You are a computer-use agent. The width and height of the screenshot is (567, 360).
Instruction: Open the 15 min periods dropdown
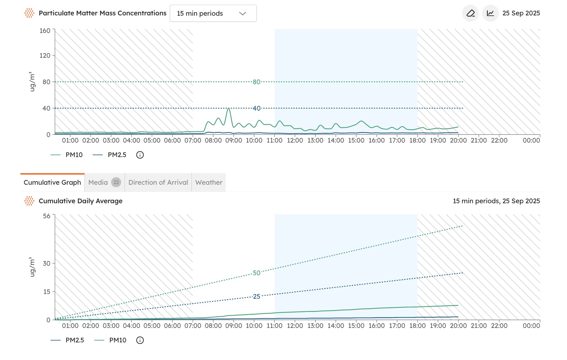pyautogui.click(x=213, y=14)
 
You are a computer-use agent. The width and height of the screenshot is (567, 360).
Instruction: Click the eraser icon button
pyautogui.click(x=470, y=13)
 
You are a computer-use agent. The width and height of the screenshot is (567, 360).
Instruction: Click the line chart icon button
pyautogui.click(x=490, y=13)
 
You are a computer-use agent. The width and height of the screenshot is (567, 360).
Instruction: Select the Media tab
pyautogui.click(x=98, y=183)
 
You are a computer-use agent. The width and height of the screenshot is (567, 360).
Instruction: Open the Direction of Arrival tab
pyautogui.click(x=158, y=183)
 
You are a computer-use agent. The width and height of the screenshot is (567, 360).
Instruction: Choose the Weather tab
pyautogui.click(x=208, y=183)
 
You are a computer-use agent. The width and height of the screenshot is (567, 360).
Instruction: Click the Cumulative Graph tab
pyautogui.click(x=52, y=183)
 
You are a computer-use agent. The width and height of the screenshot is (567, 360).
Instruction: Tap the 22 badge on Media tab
pyautogui.click(x=116, y=183)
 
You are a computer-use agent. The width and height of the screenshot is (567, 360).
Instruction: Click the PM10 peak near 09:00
pyautogui.click(x=229, y=109)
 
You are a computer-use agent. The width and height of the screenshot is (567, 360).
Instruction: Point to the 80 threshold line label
pyautogui.click(x=256, y=82)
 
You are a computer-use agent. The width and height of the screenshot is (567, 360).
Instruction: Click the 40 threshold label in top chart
pyautogui.click(x=256, y=108)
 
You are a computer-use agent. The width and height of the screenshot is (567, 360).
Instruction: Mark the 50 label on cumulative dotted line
pyautogui.click(x=256, y=273)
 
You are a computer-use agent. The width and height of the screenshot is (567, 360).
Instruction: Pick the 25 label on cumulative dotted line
pyautogui.click(x=256, y=297)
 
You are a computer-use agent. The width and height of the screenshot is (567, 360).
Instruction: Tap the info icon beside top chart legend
pyautogui.click(x=140, y=155)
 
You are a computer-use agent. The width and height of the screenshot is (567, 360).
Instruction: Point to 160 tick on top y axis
pyautogui.click(x=45, y=31)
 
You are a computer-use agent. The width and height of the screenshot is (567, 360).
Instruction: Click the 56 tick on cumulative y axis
pyautogui.click(x=46, y=216)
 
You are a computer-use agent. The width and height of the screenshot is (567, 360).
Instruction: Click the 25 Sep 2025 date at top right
pyautogui.click(x=521, y=13)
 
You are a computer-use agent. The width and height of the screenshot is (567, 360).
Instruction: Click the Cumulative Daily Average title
pyautogui.click(x=80, y=201)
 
